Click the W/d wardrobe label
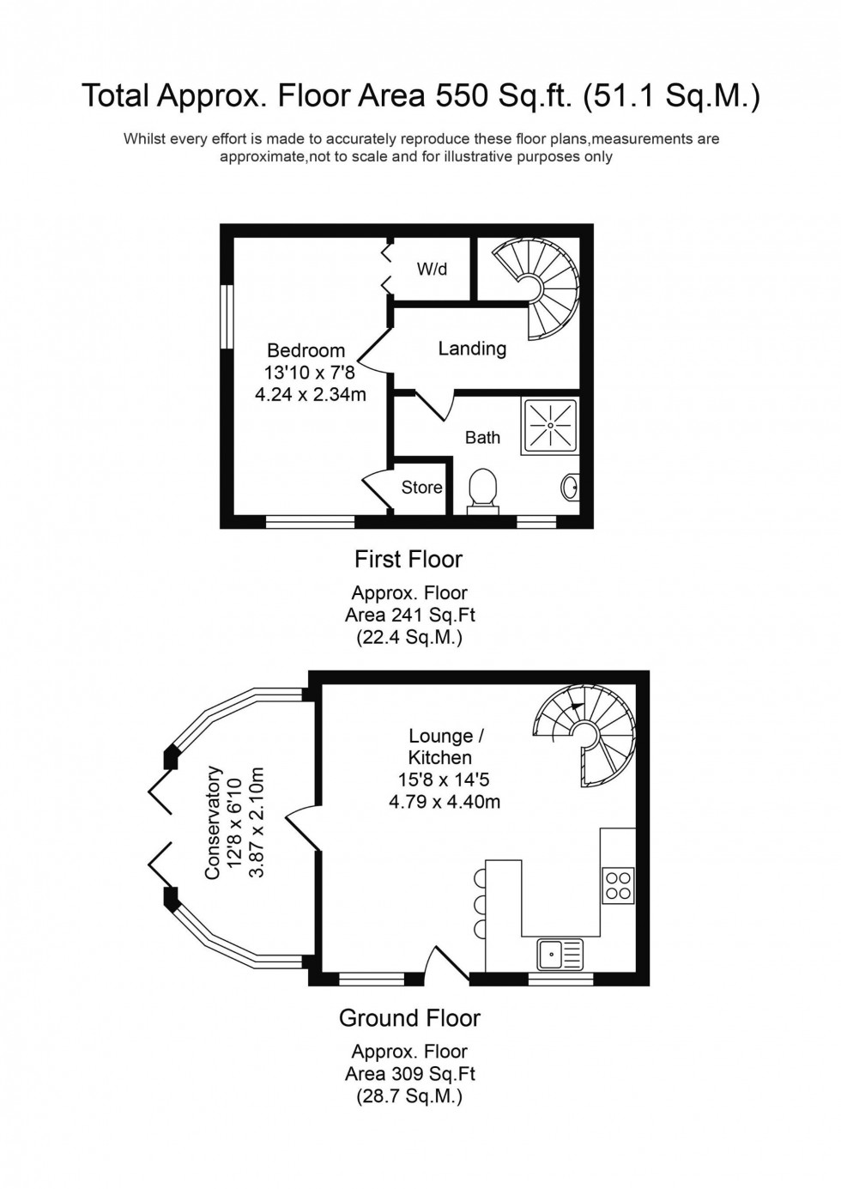point(432,270)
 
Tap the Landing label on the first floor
point(472,349)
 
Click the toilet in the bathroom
point(483,488)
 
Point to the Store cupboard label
point(421,488)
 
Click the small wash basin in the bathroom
point(571,488)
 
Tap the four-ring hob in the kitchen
point(618,885)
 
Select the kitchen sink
point(560,953)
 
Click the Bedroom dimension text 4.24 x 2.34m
point(311,395)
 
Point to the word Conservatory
point(213,822)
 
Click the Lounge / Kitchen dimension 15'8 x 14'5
point(444,780)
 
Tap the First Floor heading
point(408,560)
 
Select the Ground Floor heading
point(409,1018)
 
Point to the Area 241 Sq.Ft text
point(409,616)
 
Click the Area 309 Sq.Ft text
point(409,1074)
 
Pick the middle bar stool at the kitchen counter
point(479,904)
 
